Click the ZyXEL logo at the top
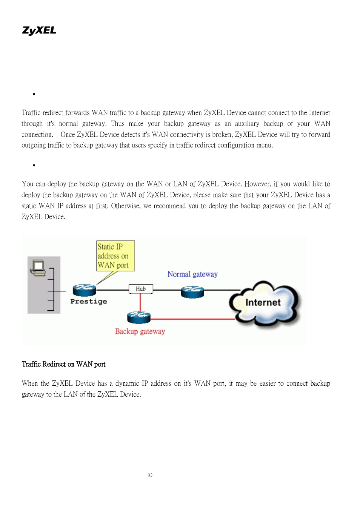click(39, 30)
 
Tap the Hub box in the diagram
click(141, 289)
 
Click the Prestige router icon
click(84, 290)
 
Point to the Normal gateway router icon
click(192, 291)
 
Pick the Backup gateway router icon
click(139, 317)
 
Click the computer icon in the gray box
click(38, 268)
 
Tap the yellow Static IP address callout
click(115, 256)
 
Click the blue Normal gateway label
click(192, 274)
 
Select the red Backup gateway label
click(140, 331)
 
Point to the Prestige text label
click(89, 301)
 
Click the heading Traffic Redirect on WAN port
click(63, 364)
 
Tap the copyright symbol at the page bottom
click(150, 475)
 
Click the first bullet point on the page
click(34, 94)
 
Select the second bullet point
click(34, 165)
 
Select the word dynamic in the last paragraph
click(127, 383)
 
